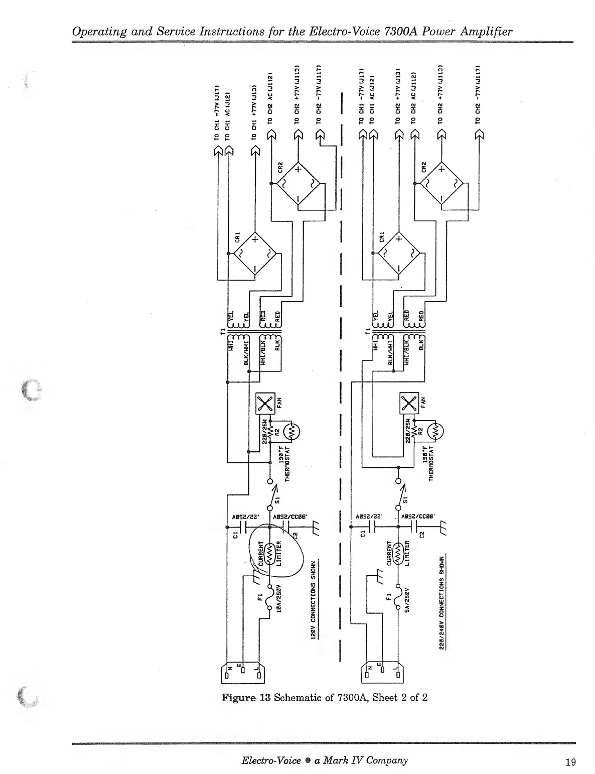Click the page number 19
pyautogui.click(x=570, y=762)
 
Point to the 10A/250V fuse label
pyautogui.click(x=278, y=597)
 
